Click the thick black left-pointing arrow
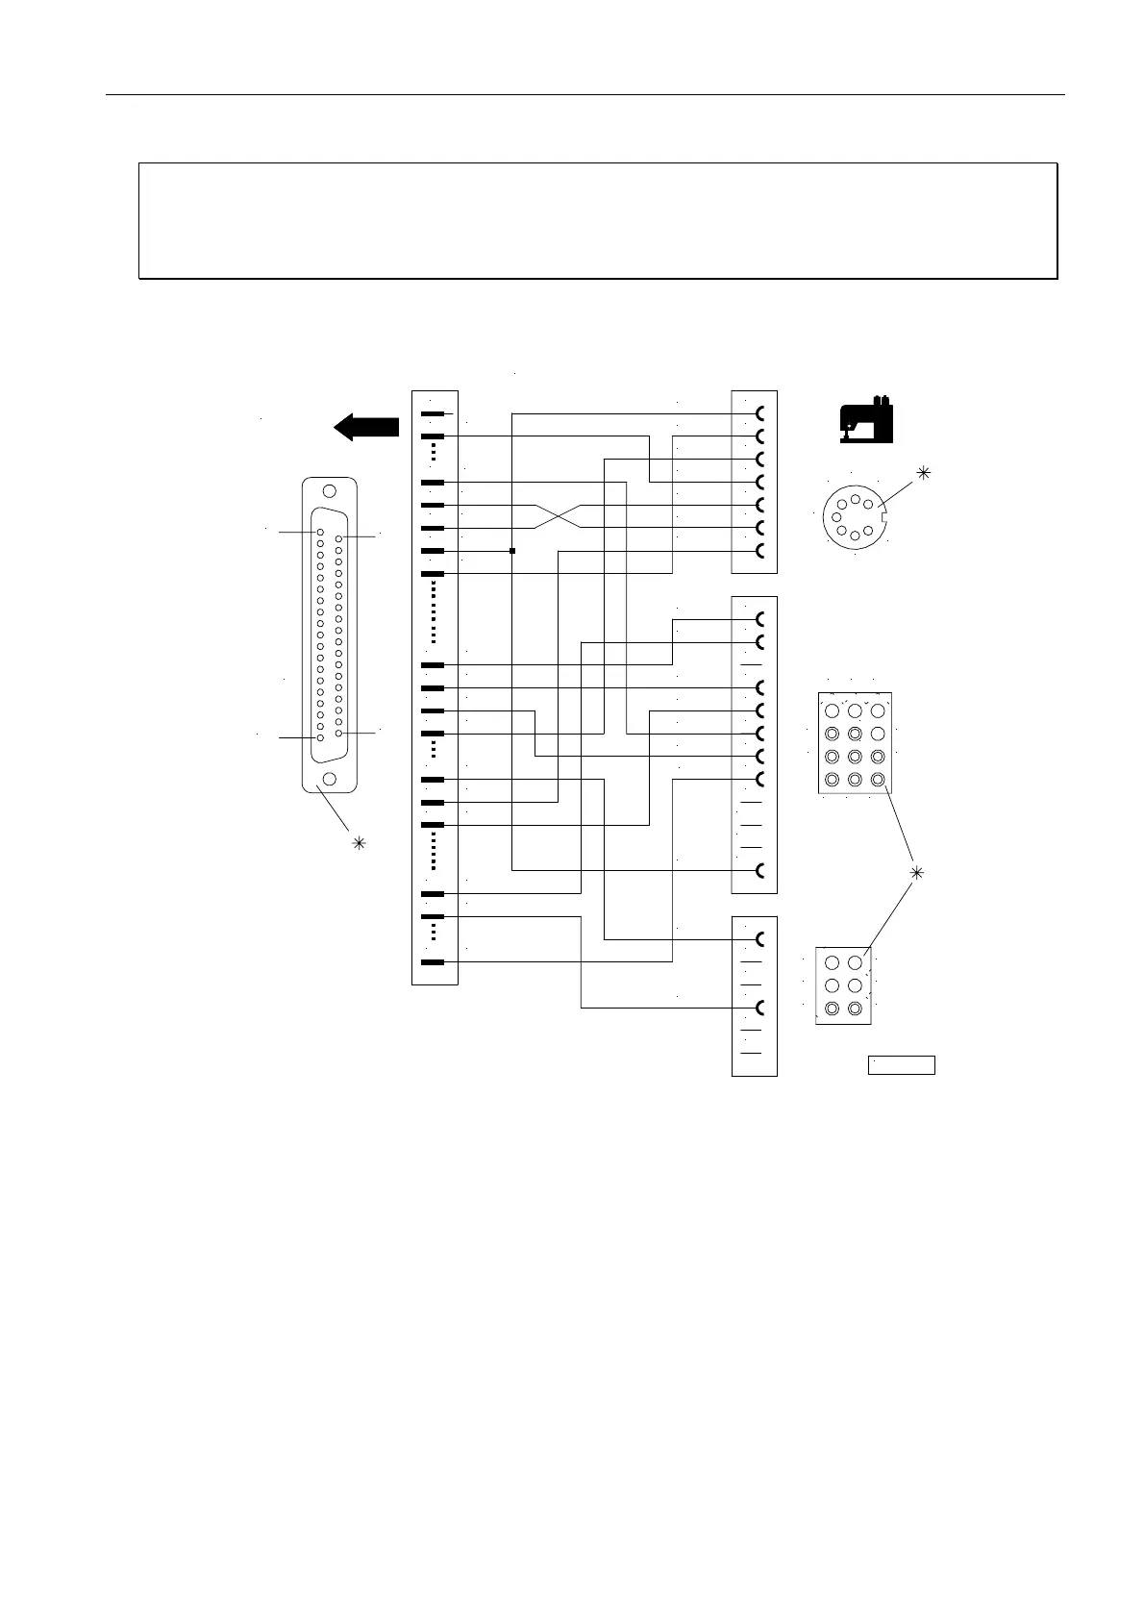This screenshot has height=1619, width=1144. click(366, 427)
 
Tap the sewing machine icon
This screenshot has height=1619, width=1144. click(865, 420)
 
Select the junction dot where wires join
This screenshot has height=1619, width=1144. click(512, 551)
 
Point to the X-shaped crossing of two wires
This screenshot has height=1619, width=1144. click(558, 516)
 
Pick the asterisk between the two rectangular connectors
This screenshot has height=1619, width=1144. click(916, 872)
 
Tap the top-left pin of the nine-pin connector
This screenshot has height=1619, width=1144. click(833, 710)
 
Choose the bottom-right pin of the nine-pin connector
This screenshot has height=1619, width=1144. click(878, 779)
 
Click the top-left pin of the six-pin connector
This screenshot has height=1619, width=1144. click(833, 963)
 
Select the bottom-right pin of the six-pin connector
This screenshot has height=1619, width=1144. click(855, 1009)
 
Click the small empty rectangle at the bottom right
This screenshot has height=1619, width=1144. click(902, 1064)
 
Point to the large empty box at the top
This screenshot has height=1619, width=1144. click(598, 220)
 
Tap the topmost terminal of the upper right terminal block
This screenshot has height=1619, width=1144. click(761, 414)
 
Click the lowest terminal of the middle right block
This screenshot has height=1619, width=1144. click(761, 871)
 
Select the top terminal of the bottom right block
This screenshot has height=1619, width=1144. click(761, 939)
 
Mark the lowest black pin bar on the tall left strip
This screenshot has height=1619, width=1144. click(433, 962)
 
